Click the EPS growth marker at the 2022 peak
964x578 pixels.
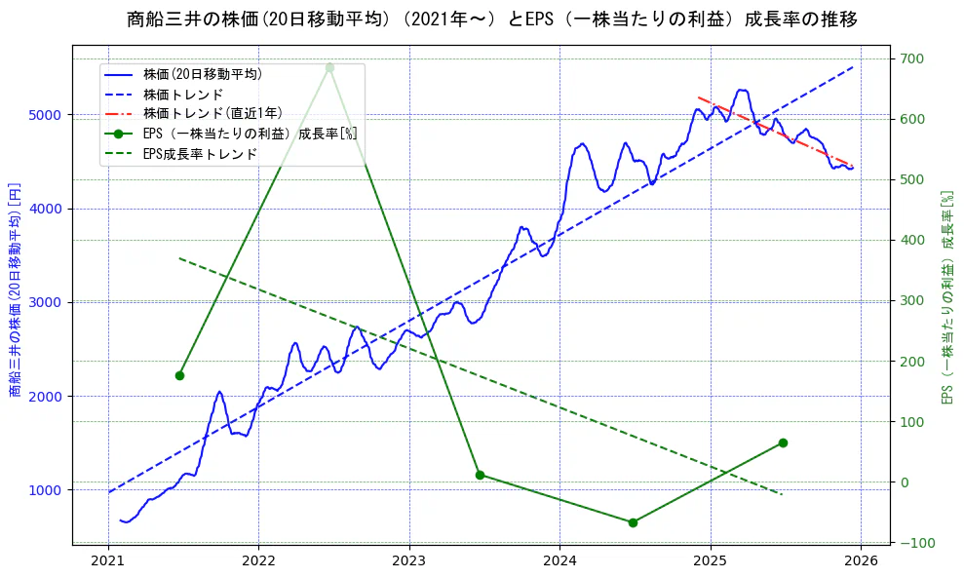click(329, 67)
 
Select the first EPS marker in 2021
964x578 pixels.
click(179, 375)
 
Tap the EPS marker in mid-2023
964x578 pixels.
click(480, 475)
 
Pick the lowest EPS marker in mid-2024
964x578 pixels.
click(633, 522)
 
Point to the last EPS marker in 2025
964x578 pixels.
click(783, 443)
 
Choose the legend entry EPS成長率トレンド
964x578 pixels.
click(200, 153)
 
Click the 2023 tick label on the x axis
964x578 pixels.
click(408, 561)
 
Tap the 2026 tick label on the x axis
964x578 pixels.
click(861, 561)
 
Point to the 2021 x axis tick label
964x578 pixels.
click(107, 561)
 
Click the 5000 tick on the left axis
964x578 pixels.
click(46, 115)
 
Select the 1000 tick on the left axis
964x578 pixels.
click(46, 490)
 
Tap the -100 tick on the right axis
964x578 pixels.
click(912, 543)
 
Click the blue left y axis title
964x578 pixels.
click(15, 289)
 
